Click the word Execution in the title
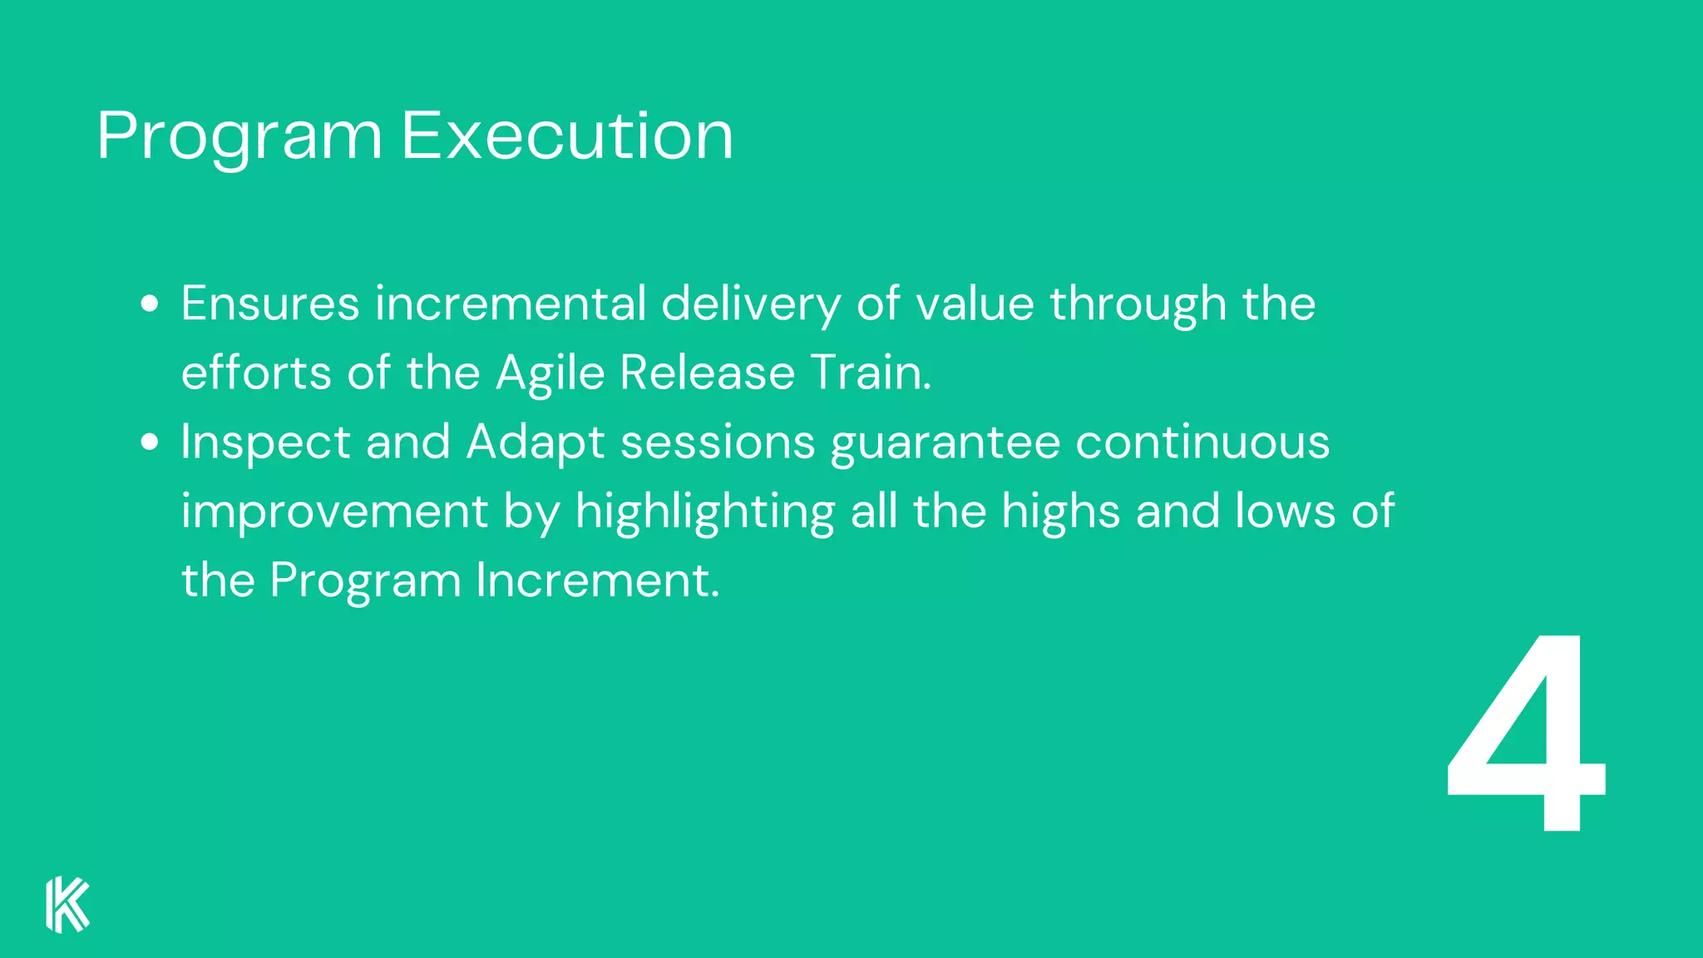click(567, 135)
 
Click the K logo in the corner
click(67, 904)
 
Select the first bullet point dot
click(150, 304)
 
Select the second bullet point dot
click(150, 442)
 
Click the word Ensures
click(270, 304)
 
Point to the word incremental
click(511, 304)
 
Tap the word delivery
click(751, 305)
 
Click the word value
click(975, 304)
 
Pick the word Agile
click(550, 373)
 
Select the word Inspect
click(265, 443)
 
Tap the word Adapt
click(536, 443)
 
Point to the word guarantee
click(945, 443)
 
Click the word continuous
click(1202, 442)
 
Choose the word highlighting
click(705, 512)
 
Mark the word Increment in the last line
click(596, 580)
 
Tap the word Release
click(707, 373)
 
